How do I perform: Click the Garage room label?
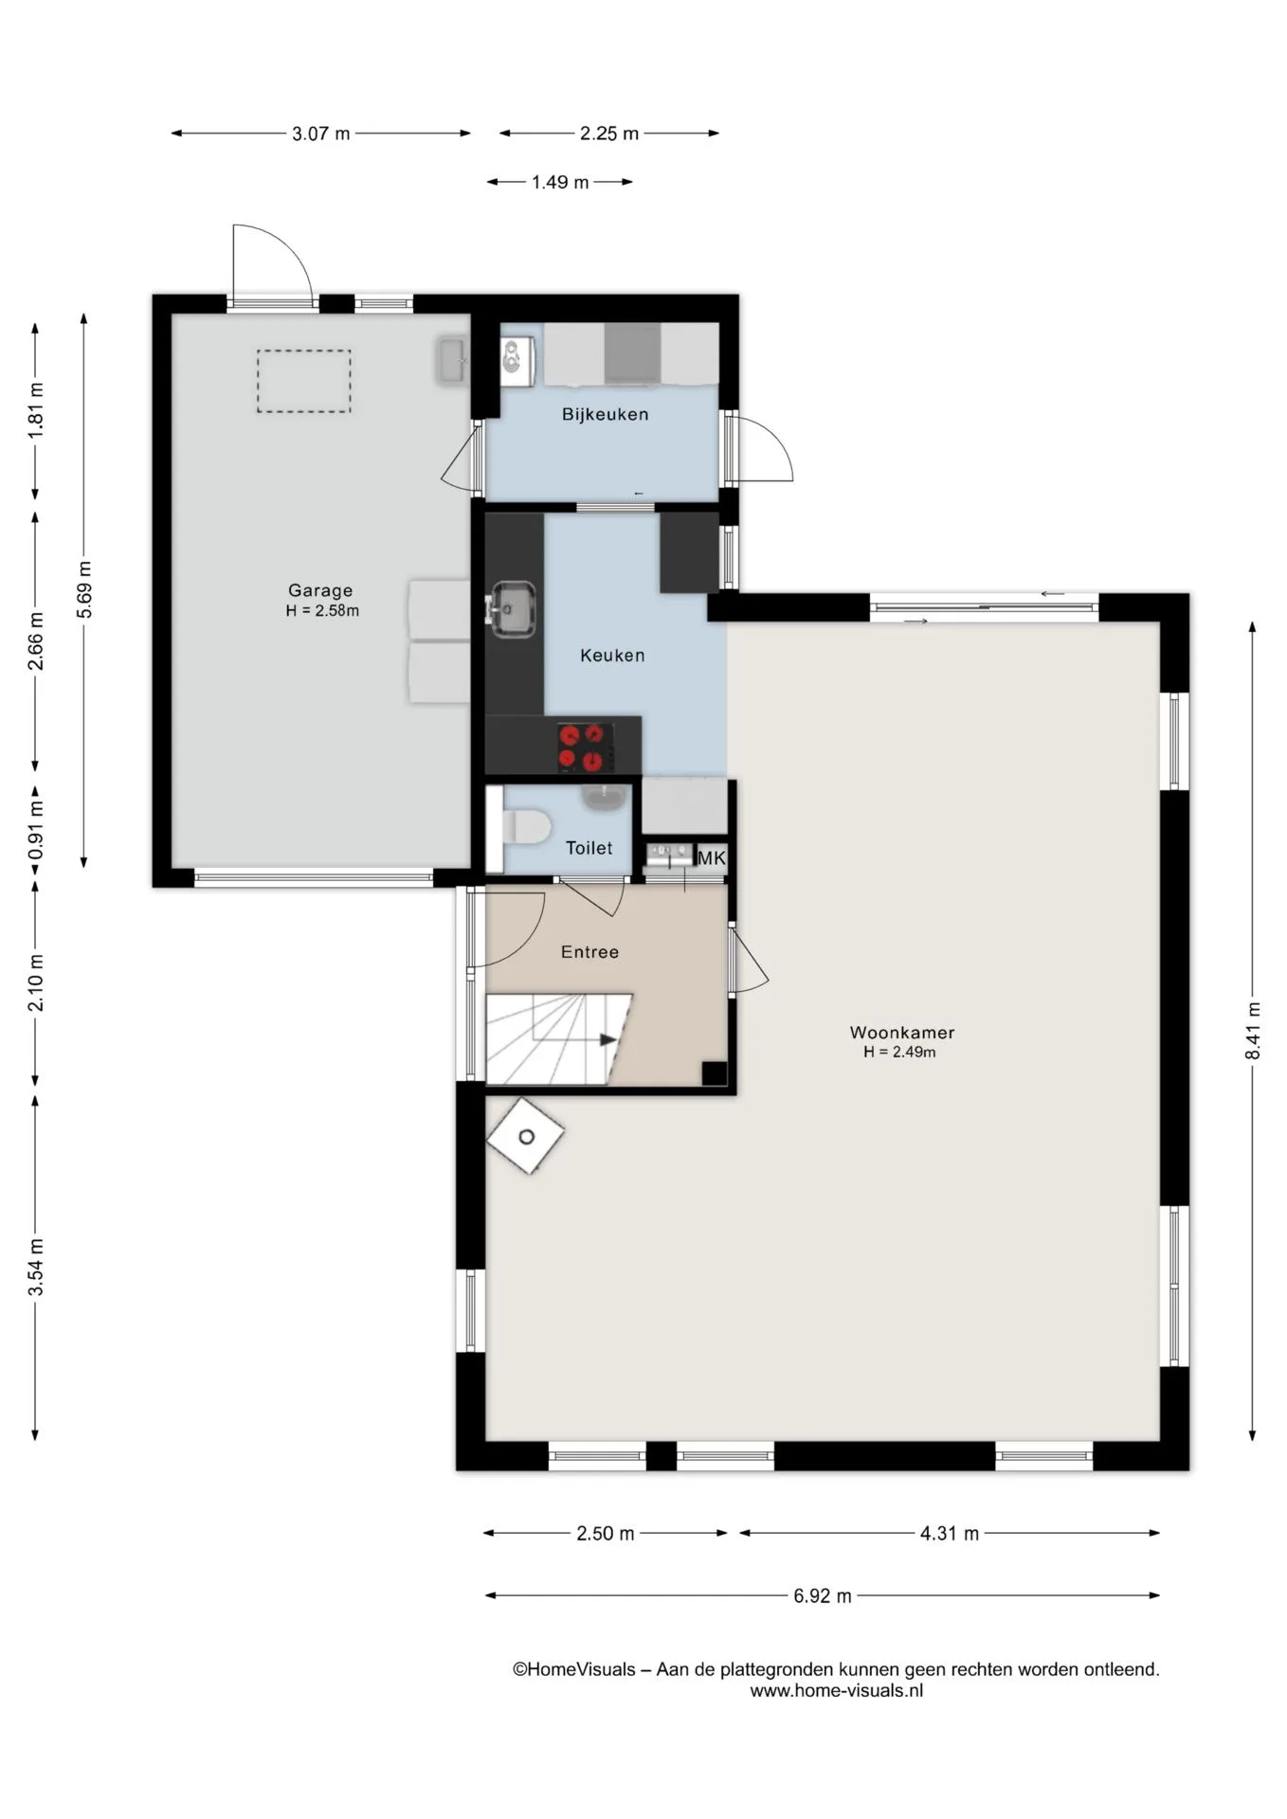(320, 591)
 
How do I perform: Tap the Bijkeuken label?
(605, 414)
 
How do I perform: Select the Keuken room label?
(612, 656)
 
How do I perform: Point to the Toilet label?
(589, 848)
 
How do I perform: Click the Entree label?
(589, 952)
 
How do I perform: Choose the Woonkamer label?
(901, 1033)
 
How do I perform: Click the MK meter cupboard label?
(711, 858)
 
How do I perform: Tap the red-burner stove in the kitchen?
(581, 747)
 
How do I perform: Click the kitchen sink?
(511, 609)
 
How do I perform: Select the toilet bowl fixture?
(527, 827)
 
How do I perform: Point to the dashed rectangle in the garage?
(303, 381)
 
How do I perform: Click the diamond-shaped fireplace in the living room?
(525, 1136)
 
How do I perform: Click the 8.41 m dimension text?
(1253, 1031)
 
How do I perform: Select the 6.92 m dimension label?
(823, 1596)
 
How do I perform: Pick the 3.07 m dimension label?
(321, 134)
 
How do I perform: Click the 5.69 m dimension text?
(84, 589)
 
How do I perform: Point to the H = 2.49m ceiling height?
(899, 1053)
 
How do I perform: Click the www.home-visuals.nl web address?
(837, 1691)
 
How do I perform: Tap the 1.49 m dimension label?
(560, 182)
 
